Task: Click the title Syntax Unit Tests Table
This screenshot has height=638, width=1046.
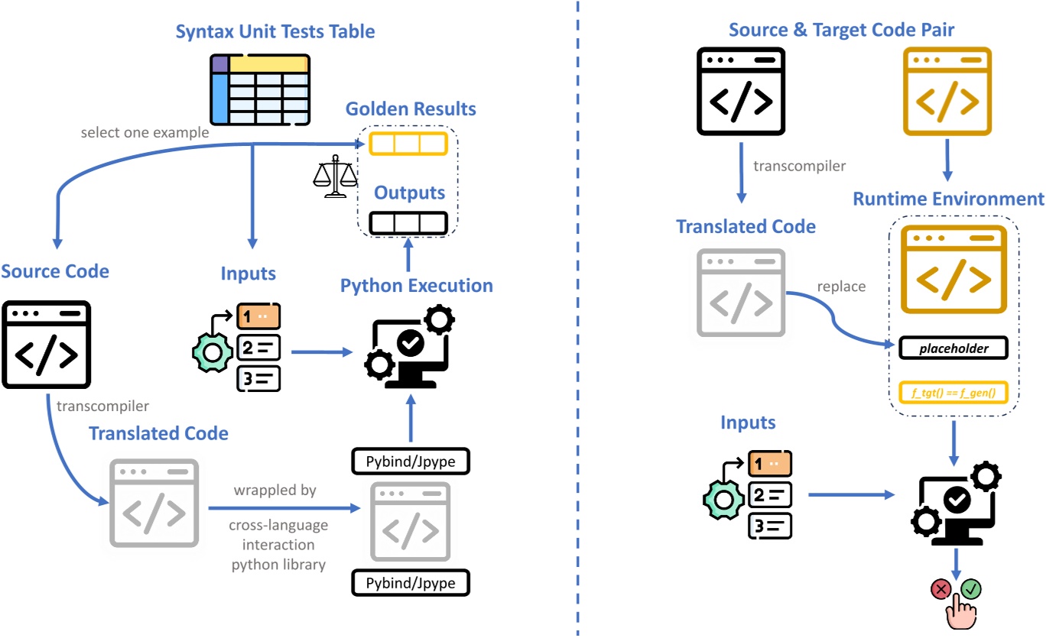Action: pyautogui.click(x=275, y=32)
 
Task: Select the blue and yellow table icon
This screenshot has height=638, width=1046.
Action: pyautogui.click(x=260, y=89)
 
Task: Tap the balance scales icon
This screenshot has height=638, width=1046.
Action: pyautogui.click(x=335, y=178)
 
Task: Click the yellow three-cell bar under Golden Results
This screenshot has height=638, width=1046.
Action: pyautogui.click(x=407, y=144)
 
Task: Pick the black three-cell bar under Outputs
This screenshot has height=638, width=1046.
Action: pyautogui.click(x=408, y=223)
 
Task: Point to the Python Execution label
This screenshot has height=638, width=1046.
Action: pyautogui.click(x=416, y=286)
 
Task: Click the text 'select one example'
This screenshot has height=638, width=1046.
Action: pyautogui.click(x=145, y=132)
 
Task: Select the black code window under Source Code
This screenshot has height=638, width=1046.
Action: pyautogui.click(x=47, y=345)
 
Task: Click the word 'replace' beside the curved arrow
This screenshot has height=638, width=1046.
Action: pyautogui.click(x=841, y=287)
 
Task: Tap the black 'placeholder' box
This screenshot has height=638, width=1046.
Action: pyautogui.click(x=953, y=348)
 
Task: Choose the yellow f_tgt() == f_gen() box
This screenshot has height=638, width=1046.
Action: pyautogui.click(x=953, y=393)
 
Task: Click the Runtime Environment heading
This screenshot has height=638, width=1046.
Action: pyautogui.click(x=948, y=199)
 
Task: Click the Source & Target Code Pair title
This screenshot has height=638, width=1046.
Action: pyautogui.click(x=841, y=30)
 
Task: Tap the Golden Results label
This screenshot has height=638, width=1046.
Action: pyautogui.click(x=411, y=108)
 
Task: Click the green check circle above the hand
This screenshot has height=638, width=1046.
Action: pyautogui.click(x=971, y=589)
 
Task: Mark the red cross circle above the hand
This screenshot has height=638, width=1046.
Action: pyautogui.click(x=940, y=589)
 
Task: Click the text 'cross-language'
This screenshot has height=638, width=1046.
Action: pyautogui.click(x=278, y=525)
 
